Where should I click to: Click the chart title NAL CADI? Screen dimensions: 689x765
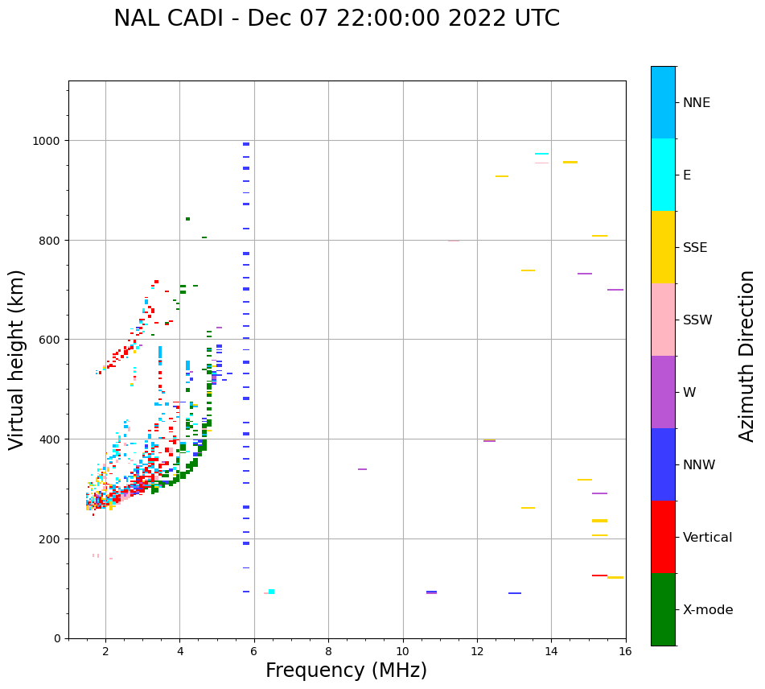336,19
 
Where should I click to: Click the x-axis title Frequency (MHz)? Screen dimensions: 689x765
346,670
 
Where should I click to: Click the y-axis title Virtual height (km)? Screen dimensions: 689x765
17,360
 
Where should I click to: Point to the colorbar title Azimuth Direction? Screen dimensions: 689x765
747,356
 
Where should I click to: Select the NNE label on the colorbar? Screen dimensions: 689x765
697,102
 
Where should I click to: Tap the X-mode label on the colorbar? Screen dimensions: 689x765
708,609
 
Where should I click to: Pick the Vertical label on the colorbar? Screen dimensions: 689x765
708,537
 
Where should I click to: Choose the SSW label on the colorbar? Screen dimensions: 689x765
697,320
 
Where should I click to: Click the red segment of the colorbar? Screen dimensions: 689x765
663,537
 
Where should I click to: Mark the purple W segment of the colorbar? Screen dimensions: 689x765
663,392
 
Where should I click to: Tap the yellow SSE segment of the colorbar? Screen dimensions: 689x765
663,247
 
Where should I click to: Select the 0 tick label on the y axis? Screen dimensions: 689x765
57,638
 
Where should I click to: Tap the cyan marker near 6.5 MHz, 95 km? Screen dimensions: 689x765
271,592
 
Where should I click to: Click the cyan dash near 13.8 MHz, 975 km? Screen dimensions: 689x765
541,154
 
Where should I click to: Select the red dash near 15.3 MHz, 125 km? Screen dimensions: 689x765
599,576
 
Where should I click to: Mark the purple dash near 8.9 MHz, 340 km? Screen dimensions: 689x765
362,469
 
